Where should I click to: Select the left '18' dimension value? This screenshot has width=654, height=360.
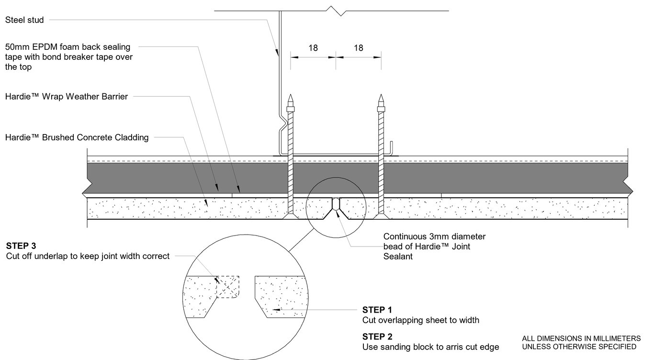point(313,48)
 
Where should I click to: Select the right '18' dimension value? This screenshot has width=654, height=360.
point(358,48)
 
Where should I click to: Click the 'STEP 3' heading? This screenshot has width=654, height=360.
point(21,246)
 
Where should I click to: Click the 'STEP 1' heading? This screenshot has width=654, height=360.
point(377,310)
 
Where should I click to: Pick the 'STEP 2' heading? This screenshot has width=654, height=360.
point(377,337)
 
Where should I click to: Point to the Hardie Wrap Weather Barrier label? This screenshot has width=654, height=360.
point(67,97)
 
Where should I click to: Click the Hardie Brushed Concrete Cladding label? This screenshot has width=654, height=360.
point(77,137)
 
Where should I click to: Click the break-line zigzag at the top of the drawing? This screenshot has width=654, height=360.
point(340,11)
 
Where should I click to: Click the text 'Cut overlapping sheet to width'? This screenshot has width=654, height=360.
point(420,320)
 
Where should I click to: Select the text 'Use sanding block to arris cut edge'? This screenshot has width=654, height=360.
point(430,347)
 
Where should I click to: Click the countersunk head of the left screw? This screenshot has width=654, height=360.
point(290,216)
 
